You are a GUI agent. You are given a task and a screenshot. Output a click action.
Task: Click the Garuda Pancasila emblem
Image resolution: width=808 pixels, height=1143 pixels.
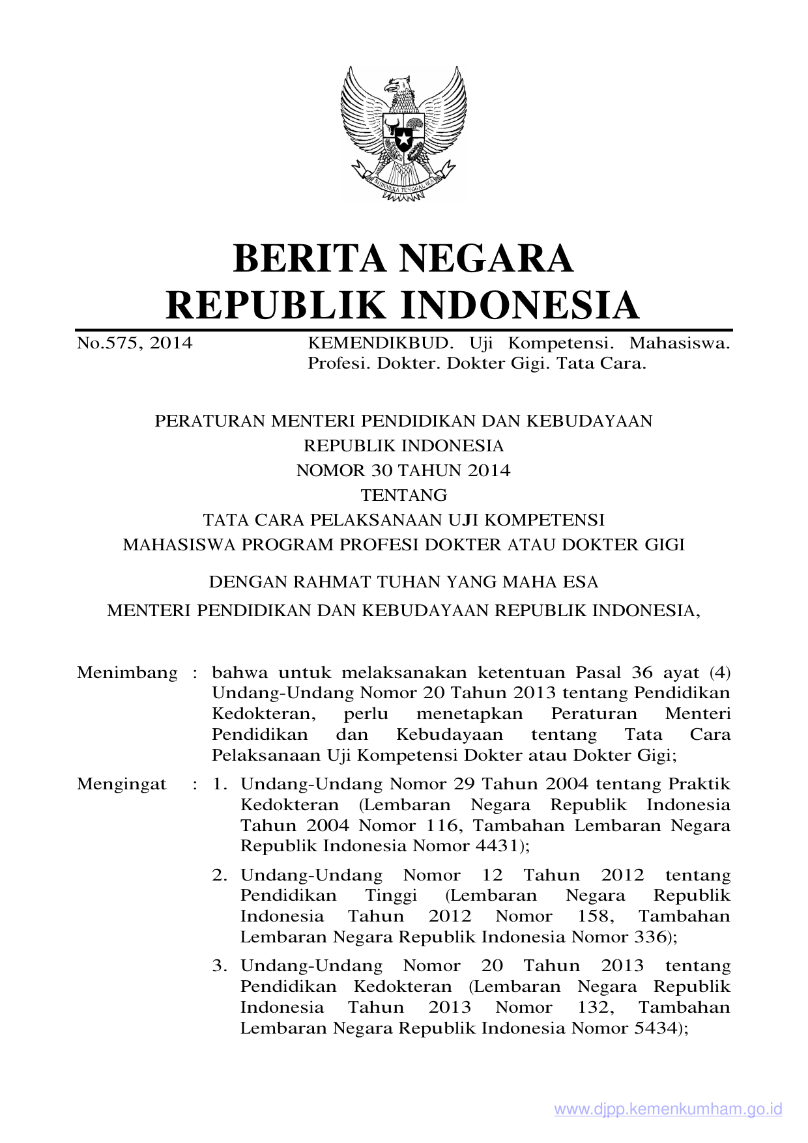click(x=403, y=134)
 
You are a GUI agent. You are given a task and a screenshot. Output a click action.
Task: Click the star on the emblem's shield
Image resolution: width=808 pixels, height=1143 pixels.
click(x=403, y=139)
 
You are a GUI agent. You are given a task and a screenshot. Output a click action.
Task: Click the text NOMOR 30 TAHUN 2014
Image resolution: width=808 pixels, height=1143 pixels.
click(x=403, y=470)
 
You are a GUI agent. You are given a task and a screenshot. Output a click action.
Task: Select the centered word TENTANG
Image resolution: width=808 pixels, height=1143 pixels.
click(x=403, y=495)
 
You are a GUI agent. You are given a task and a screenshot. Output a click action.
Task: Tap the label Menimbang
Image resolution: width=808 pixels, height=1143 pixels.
click(x=127, y=672)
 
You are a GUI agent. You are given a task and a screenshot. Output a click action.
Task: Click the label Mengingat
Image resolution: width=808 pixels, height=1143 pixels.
click(x=122, y=783)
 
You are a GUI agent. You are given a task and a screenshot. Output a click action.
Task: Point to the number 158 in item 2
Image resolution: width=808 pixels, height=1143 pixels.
click(x=595, y=916)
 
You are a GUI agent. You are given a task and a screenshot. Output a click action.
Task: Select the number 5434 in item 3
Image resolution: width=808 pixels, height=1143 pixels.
click(x=656, y=1028)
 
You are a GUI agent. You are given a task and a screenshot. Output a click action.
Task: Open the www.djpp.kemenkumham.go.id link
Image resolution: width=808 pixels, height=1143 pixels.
click(x=668, y=1109)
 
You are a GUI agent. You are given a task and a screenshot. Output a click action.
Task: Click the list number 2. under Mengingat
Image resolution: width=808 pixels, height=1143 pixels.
click(x=220, y=875)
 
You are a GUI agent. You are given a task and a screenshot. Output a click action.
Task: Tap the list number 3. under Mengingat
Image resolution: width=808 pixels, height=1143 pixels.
click(x=220, y=965)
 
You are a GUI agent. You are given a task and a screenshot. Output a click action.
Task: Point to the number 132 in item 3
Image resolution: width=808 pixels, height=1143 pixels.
click(x=595, y=1007)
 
